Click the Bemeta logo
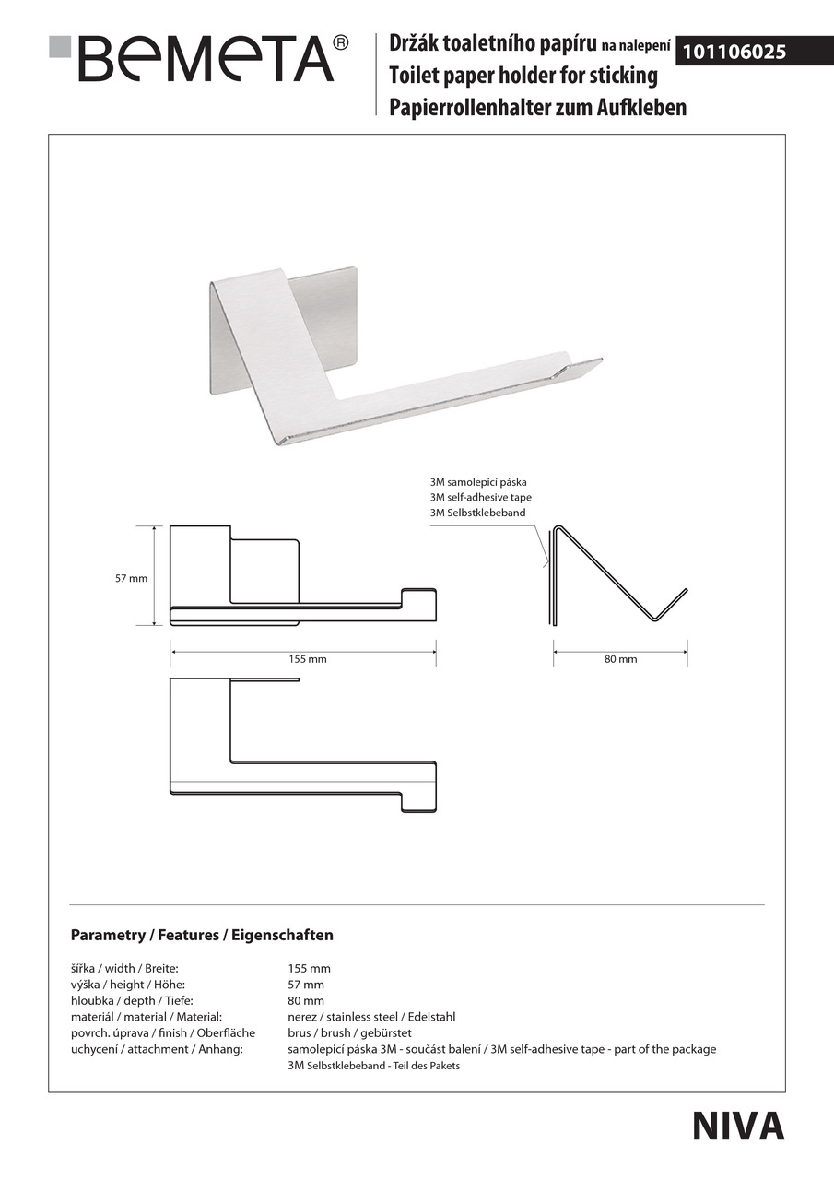198,58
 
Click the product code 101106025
734,53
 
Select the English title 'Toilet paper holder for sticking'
523,76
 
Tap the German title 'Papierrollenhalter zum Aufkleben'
537,108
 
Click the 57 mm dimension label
131,579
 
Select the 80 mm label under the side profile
620,659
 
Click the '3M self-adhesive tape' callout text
480,497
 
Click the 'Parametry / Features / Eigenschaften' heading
202,935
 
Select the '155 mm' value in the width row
309,968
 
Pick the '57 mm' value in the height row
306,985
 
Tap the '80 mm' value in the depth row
306,1000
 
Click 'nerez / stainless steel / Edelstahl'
371,1017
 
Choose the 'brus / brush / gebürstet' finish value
349,1032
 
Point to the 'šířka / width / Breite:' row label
123,968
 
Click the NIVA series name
738,1126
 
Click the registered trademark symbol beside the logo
340,42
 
